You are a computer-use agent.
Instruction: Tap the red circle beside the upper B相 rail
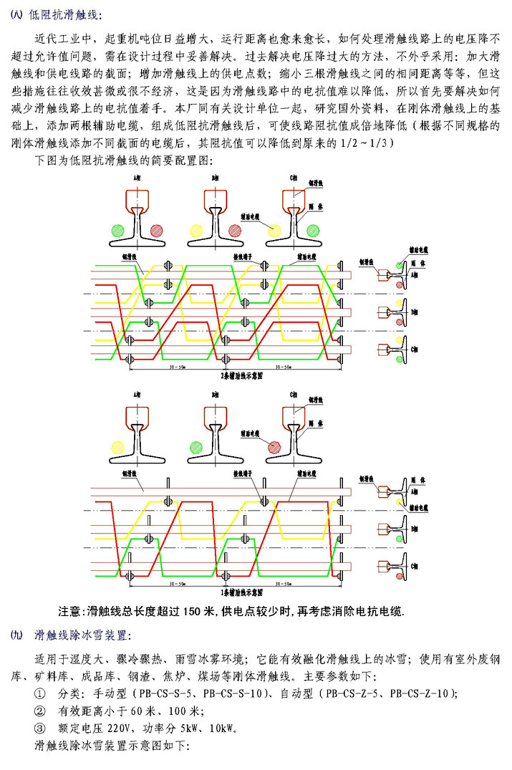point(234,231)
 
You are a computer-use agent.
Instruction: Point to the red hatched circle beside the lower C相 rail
point(274,447)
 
